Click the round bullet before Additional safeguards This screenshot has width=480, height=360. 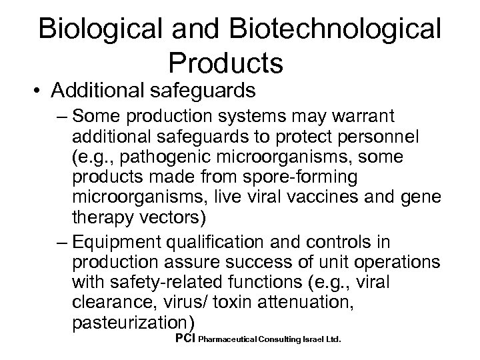tap(25, 90)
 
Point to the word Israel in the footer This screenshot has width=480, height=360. tap(305, 339)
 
